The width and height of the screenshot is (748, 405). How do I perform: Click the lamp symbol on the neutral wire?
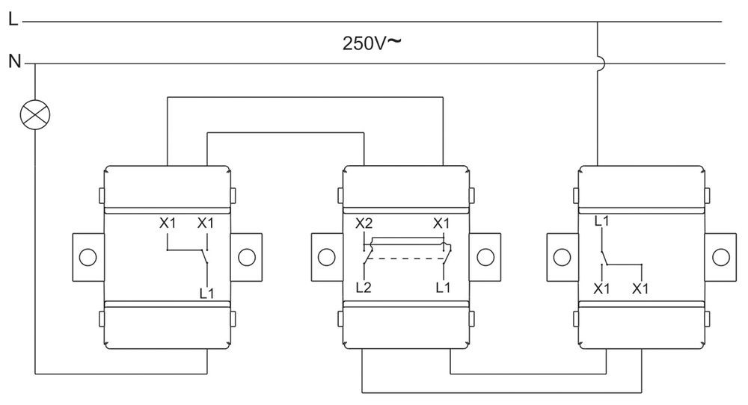(x=35, y=114)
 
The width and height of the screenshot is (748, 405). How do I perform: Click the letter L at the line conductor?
(x=12, y=21)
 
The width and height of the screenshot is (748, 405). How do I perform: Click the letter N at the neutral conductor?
(x=13, y=61)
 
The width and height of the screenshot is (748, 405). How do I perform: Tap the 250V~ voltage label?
(x=372, y=43)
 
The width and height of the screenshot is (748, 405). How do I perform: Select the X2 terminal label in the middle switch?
(x=364, y=223)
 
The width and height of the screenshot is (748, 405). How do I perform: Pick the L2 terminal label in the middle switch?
(x=364, y=287)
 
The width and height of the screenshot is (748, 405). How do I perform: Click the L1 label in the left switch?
(x=206, y=294)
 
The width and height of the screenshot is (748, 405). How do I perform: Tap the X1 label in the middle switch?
(x=441, y=223)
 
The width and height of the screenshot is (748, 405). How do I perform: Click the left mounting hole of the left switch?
(x=88, y=256)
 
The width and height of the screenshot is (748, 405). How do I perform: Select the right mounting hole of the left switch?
(x=245, y=256)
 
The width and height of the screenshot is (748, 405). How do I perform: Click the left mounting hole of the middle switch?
(x=325, y=256)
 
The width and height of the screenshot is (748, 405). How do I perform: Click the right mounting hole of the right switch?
(x=720, y=256)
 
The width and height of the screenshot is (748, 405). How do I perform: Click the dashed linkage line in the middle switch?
(x=405, y=258)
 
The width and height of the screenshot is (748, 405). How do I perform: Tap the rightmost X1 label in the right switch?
(x=640, y=288)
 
